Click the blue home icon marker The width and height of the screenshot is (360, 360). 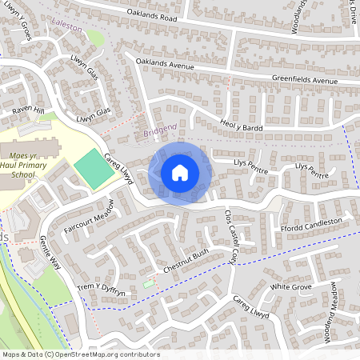click(180, 173)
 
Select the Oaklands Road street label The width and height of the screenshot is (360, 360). click(144, 15)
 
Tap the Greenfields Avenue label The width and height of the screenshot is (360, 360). click(305, 81)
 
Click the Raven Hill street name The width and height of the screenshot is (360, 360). click(27, 110)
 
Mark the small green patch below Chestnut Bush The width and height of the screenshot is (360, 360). click(148, 283)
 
